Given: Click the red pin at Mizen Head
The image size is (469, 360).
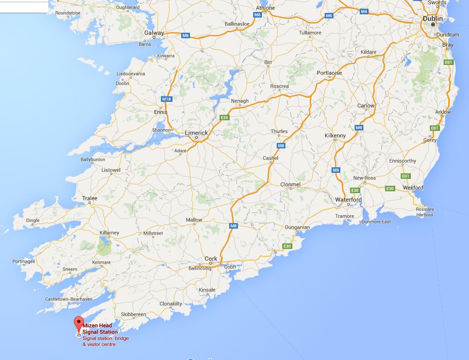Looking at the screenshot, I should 79,323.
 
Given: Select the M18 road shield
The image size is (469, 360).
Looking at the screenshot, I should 166,99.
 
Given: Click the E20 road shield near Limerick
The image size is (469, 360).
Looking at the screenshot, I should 225,118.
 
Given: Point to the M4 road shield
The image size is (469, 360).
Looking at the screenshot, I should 364,11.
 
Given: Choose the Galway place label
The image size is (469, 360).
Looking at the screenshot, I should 154,33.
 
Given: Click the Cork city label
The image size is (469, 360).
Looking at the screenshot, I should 211,259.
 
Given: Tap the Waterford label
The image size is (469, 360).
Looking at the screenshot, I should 348,200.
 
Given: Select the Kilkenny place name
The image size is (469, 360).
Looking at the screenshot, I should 335,136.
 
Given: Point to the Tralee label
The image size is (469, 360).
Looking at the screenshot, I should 89,199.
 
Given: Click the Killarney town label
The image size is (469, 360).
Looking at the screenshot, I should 109,233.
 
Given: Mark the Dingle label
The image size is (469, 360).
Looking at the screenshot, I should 33,220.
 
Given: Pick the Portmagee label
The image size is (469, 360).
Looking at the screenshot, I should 24,261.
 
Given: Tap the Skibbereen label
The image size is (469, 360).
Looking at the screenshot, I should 133,314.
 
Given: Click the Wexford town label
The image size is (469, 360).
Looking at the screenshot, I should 413,188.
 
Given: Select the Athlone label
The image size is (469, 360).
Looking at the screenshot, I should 265,8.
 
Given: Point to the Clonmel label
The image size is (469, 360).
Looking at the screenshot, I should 290,184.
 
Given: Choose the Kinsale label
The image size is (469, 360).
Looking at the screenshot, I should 207,290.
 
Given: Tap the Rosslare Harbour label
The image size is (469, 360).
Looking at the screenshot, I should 425,212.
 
